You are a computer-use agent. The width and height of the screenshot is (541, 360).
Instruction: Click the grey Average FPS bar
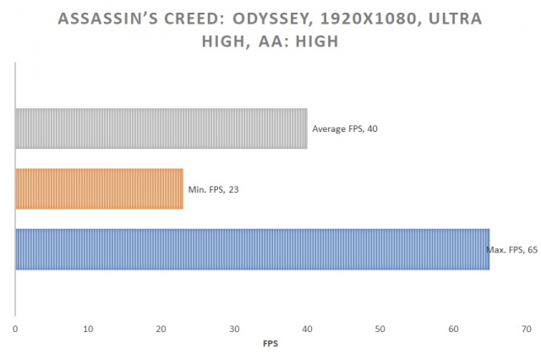click(161, 129)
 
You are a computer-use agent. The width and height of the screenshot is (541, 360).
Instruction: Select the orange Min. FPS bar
click(99, 189)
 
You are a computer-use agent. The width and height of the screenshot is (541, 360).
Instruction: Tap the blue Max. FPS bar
click(252, 249)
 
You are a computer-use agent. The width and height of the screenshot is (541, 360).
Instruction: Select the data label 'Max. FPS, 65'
click(512, 250)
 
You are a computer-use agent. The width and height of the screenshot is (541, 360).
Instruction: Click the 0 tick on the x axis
click(15, 328)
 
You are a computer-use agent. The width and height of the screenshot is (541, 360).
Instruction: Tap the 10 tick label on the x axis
click(88, 328)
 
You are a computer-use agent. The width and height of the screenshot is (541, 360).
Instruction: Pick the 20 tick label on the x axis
click(161, 328)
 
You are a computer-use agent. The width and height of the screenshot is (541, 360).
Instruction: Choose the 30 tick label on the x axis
click(234, 328)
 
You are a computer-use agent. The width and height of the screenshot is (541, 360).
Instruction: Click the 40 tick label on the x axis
click(307, 328)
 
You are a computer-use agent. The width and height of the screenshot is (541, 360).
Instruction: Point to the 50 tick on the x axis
click(380, 328)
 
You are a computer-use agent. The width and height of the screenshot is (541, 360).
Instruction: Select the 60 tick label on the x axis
click(453, 328)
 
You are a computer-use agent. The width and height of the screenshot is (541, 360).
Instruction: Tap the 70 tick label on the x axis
click(526, 328)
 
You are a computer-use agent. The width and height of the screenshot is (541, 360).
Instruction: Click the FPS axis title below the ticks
click(270, 344)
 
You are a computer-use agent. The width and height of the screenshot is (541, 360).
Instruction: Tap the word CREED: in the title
click(198, 19)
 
